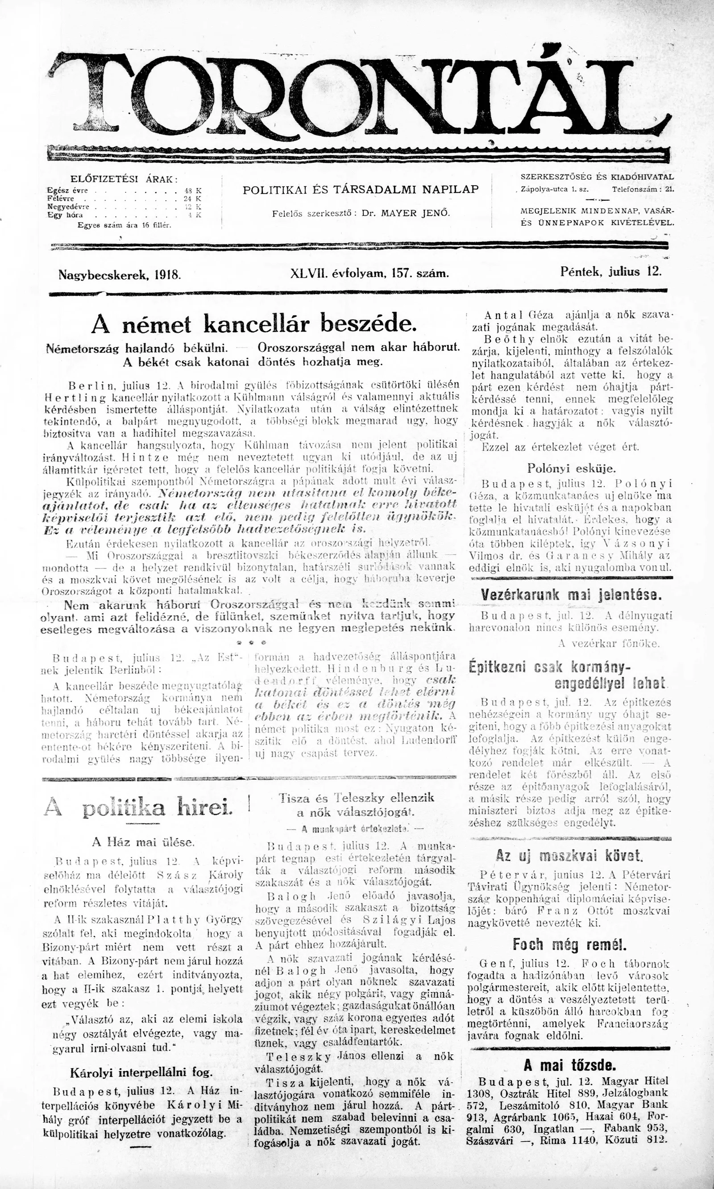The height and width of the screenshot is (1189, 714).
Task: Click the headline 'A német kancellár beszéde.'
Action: click(x=253, y=325)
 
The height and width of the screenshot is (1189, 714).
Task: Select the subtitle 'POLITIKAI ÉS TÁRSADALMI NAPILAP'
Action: click(x=361, y=190)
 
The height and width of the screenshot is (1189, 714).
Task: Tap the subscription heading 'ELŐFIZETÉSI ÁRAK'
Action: click(x=124, y=179)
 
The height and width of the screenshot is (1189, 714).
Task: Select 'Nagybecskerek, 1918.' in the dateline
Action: click(x=119, y=275)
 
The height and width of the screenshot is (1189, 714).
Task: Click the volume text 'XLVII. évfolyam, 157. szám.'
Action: click(x=369, y=274)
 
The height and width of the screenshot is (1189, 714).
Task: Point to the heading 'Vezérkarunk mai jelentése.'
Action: click(x=571, y=595)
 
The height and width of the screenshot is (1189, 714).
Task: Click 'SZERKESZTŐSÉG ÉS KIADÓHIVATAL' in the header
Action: click(x=597, y=177)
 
